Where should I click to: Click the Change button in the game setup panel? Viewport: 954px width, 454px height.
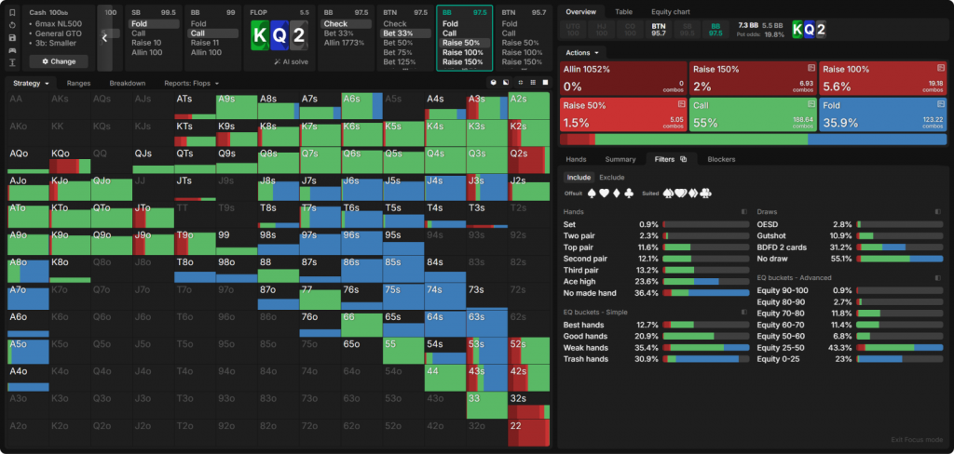tap(58, 60)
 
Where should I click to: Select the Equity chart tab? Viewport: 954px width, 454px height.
tap(670, 11)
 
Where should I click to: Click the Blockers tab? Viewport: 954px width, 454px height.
tap(721, 159)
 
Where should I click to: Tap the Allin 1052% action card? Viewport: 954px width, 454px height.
tap(622, 78)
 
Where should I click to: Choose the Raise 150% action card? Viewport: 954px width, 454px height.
tap(752, 78)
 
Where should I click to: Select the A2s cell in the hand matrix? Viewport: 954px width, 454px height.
tap(527, 105)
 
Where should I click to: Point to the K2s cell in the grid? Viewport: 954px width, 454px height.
tap(527, 132)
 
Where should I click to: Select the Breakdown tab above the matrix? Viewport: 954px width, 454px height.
tap(127, 83)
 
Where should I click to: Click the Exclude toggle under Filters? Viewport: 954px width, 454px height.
tap(611, 177)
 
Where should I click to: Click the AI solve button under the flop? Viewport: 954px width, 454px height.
tap(291, 61)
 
